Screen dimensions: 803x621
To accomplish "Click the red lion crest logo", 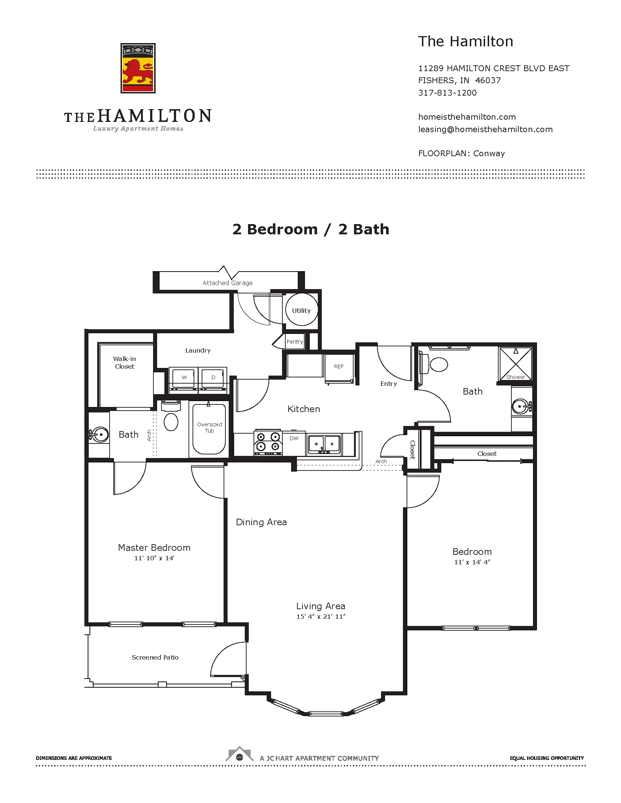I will [138, 68].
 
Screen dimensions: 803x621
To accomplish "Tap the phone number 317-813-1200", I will [447, 93].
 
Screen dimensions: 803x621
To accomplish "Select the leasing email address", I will [485, 130].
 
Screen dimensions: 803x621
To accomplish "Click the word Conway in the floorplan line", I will [489, 154].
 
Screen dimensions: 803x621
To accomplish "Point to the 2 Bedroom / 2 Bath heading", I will [310, 230].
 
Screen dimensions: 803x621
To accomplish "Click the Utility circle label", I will [301, 311].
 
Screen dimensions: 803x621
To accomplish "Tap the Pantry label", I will [295, 342].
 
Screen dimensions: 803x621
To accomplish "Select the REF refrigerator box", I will [339, 367].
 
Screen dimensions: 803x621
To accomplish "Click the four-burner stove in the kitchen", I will [268, 442].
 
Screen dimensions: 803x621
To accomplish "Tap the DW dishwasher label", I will [294, 439].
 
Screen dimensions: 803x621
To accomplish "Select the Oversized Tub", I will [209, 429].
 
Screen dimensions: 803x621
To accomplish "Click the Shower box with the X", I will [515, 363].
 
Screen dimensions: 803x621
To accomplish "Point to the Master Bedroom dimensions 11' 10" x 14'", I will [154, 558].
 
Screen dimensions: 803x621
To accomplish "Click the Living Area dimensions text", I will [321, 616].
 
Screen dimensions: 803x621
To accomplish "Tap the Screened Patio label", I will [155, 657].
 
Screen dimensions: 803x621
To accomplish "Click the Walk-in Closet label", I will [124, 362].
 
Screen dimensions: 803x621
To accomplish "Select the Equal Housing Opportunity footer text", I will [547, 758].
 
